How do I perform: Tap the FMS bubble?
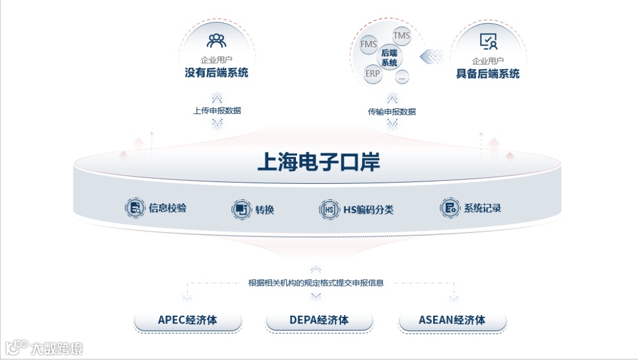[369, 44]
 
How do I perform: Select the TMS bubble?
[402, 36]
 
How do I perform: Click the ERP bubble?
[373, 74]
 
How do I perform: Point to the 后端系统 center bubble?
[389, 57]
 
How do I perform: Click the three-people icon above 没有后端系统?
[216, 41]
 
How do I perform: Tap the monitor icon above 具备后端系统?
[488, 41]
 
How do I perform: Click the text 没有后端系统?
[216, 73]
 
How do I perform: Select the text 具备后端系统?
[488, 74]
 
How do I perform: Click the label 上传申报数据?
[217, 111]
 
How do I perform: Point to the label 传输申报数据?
[392, 112]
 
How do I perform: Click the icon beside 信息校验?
[135, 208]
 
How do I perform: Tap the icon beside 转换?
[240, 209]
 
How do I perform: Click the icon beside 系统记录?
[450, 208]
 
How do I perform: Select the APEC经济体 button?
[188, 320]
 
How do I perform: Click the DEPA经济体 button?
[319, 320]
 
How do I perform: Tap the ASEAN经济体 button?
[453, 320]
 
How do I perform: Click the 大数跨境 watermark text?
[57, 348]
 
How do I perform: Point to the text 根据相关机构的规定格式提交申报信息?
[316, 283]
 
